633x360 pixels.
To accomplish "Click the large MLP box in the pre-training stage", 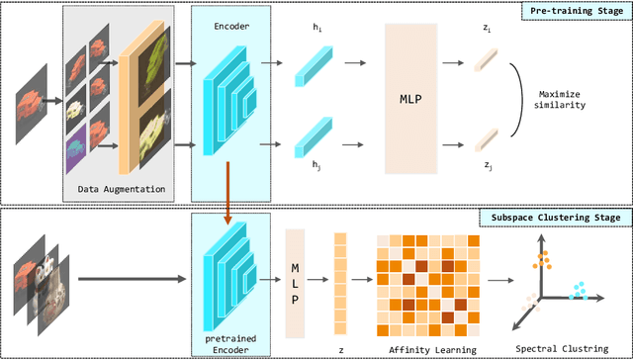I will click(414, 99).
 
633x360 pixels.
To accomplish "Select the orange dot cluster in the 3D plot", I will click(543, 260).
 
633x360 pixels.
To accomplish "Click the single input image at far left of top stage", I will click(33, 99).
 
